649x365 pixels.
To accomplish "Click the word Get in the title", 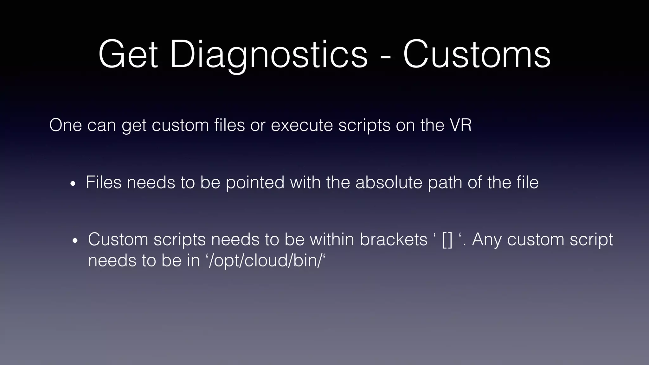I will (128, 54).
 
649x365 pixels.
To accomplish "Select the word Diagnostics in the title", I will (269, 54).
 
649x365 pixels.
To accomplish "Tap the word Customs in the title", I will (477, 54).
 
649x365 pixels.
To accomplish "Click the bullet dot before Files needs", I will (73, 184).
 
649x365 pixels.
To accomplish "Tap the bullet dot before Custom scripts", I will (75, 241).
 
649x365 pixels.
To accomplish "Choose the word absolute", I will (389, 182).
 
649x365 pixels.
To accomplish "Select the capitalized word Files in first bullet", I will (104, 182).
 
